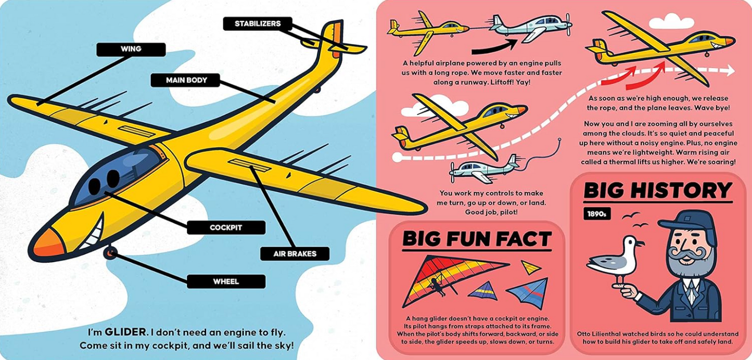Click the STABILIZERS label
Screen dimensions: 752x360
258,23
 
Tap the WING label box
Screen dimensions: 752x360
131,49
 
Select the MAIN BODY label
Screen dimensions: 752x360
185,80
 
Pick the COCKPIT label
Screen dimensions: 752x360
226,227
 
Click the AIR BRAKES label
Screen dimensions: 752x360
295,254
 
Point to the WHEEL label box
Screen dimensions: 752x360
226,281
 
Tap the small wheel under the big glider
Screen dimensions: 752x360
110,253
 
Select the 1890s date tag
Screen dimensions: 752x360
596,214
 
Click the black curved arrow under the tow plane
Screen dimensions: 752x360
495,47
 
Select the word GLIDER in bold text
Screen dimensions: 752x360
125,332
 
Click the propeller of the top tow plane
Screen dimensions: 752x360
568,24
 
